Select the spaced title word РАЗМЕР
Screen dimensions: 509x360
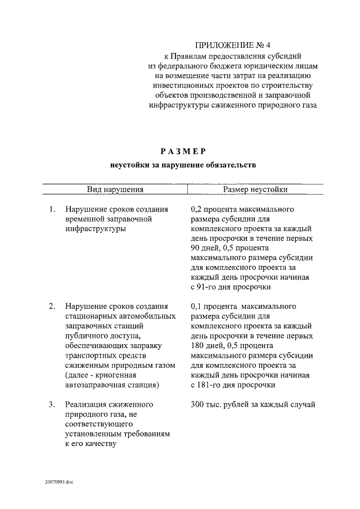(183, 151)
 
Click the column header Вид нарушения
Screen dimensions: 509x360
(115, 190)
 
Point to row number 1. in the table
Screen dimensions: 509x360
(51, 210)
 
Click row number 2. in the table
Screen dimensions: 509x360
(51, 306)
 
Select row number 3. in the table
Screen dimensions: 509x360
(51, 404)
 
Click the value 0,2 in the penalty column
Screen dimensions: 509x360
(197, 210)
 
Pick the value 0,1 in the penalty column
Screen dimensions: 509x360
(197, 306)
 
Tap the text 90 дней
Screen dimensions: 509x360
(206, 248)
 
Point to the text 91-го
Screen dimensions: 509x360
(210, 287)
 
